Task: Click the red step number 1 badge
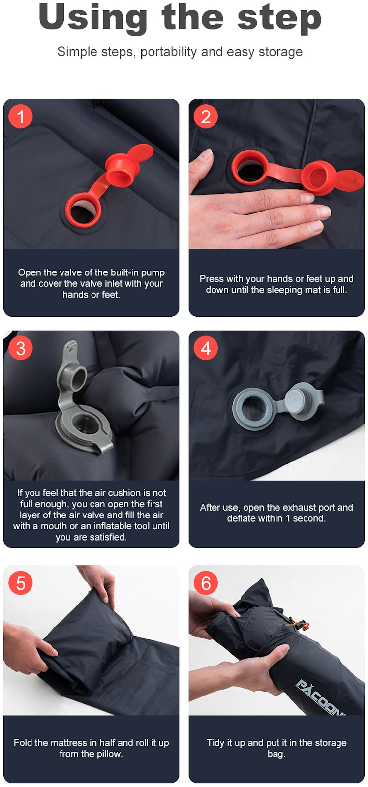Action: (21, 117)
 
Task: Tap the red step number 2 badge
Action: (206, 117)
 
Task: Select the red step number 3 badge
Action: (21, 348)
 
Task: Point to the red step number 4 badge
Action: (206, 348)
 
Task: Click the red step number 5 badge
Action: (21, 583)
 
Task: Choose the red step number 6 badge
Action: (206, 583)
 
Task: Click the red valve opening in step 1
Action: (84, 211)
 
